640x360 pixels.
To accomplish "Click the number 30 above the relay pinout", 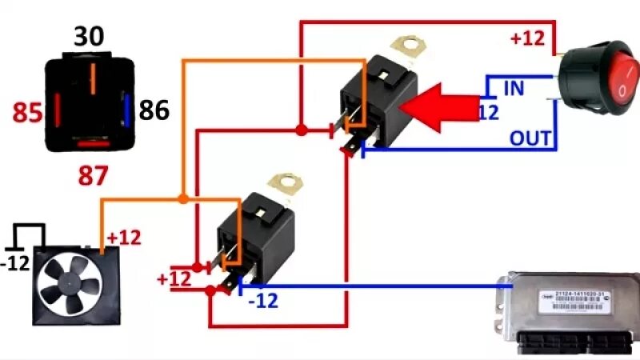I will [x=90, y=36].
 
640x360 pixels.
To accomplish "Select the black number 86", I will [x=154, y=110].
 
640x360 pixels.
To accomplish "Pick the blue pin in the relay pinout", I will [x=126, y=108].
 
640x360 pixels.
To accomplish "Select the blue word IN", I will [x=513, y=87].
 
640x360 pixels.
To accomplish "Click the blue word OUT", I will [x=530, y=138].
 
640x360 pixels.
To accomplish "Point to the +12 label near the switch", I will [x=528, y=37].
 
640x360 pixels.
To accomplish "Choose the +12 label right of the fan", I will [x=123, y=238].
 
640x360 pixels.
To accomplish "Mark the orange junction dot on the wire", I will [x=183, y=197].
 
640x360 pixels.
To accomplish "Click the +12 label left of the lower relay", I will [x=174, y=279].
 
